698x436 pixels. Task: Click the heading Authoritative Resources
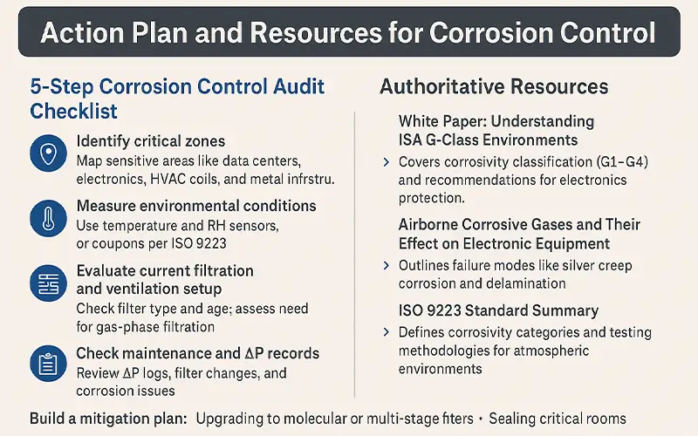coord(494,87)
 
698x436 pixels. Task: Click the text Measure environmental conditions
coord(196,206)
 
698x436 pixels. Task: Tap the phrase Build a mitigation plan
coord(108,419)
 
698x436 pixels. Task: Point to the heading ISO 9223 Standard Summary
coord(498,310)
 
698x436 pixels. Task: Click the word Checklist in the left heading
coord(74,112)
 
